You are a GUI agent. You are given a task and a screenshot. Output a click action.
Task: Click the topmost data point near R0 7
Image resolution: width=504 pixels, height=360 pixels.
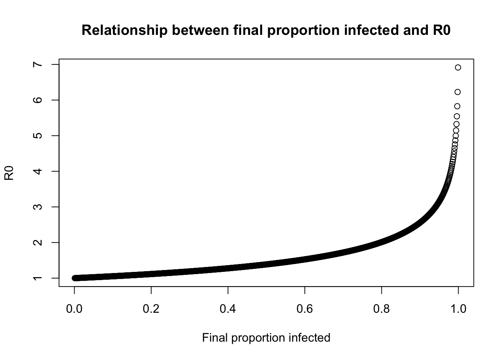point(458,67)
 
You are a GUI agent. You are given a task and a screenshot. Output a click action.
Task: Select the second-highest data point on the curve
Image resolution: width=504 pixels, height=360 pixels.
point(457,92)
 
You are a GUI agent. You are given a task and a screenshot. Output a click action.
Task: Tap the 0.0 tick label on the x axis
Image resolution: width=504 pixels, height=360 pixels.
point(74,309)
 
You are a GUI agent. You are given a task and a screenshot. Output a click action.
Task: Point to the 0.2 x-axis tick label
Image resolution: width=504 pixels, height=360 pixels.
point(151,309)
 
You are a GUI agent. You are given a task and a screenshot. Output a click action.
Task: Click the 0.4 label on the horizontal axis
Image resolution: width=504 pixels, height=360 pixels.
point(228,309)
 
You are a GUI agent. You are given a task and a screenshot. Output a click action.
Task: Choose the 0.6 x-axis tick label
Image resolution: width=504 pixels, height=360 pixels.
point(305,309)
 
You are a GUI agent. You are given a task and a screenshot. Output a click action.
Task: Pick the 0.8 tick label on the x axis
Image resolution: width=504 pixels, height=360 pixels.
point(382,309)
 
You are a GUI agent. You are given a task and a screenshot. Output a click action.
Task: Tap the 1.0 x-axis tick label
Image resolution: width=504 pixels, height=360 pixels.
point(458,309)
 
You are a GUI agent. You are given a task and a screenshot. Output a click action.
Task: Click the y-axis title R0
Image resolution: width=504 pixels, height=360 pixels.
point(9,173)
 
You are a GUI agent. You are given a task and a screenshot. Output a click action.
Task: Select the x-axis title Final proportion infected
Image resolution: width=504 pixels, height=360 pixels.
point(266,338)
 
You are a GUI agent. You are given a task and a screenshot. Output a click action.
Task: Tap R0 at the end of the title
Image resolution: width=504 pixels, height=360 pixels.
point(441,30)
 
